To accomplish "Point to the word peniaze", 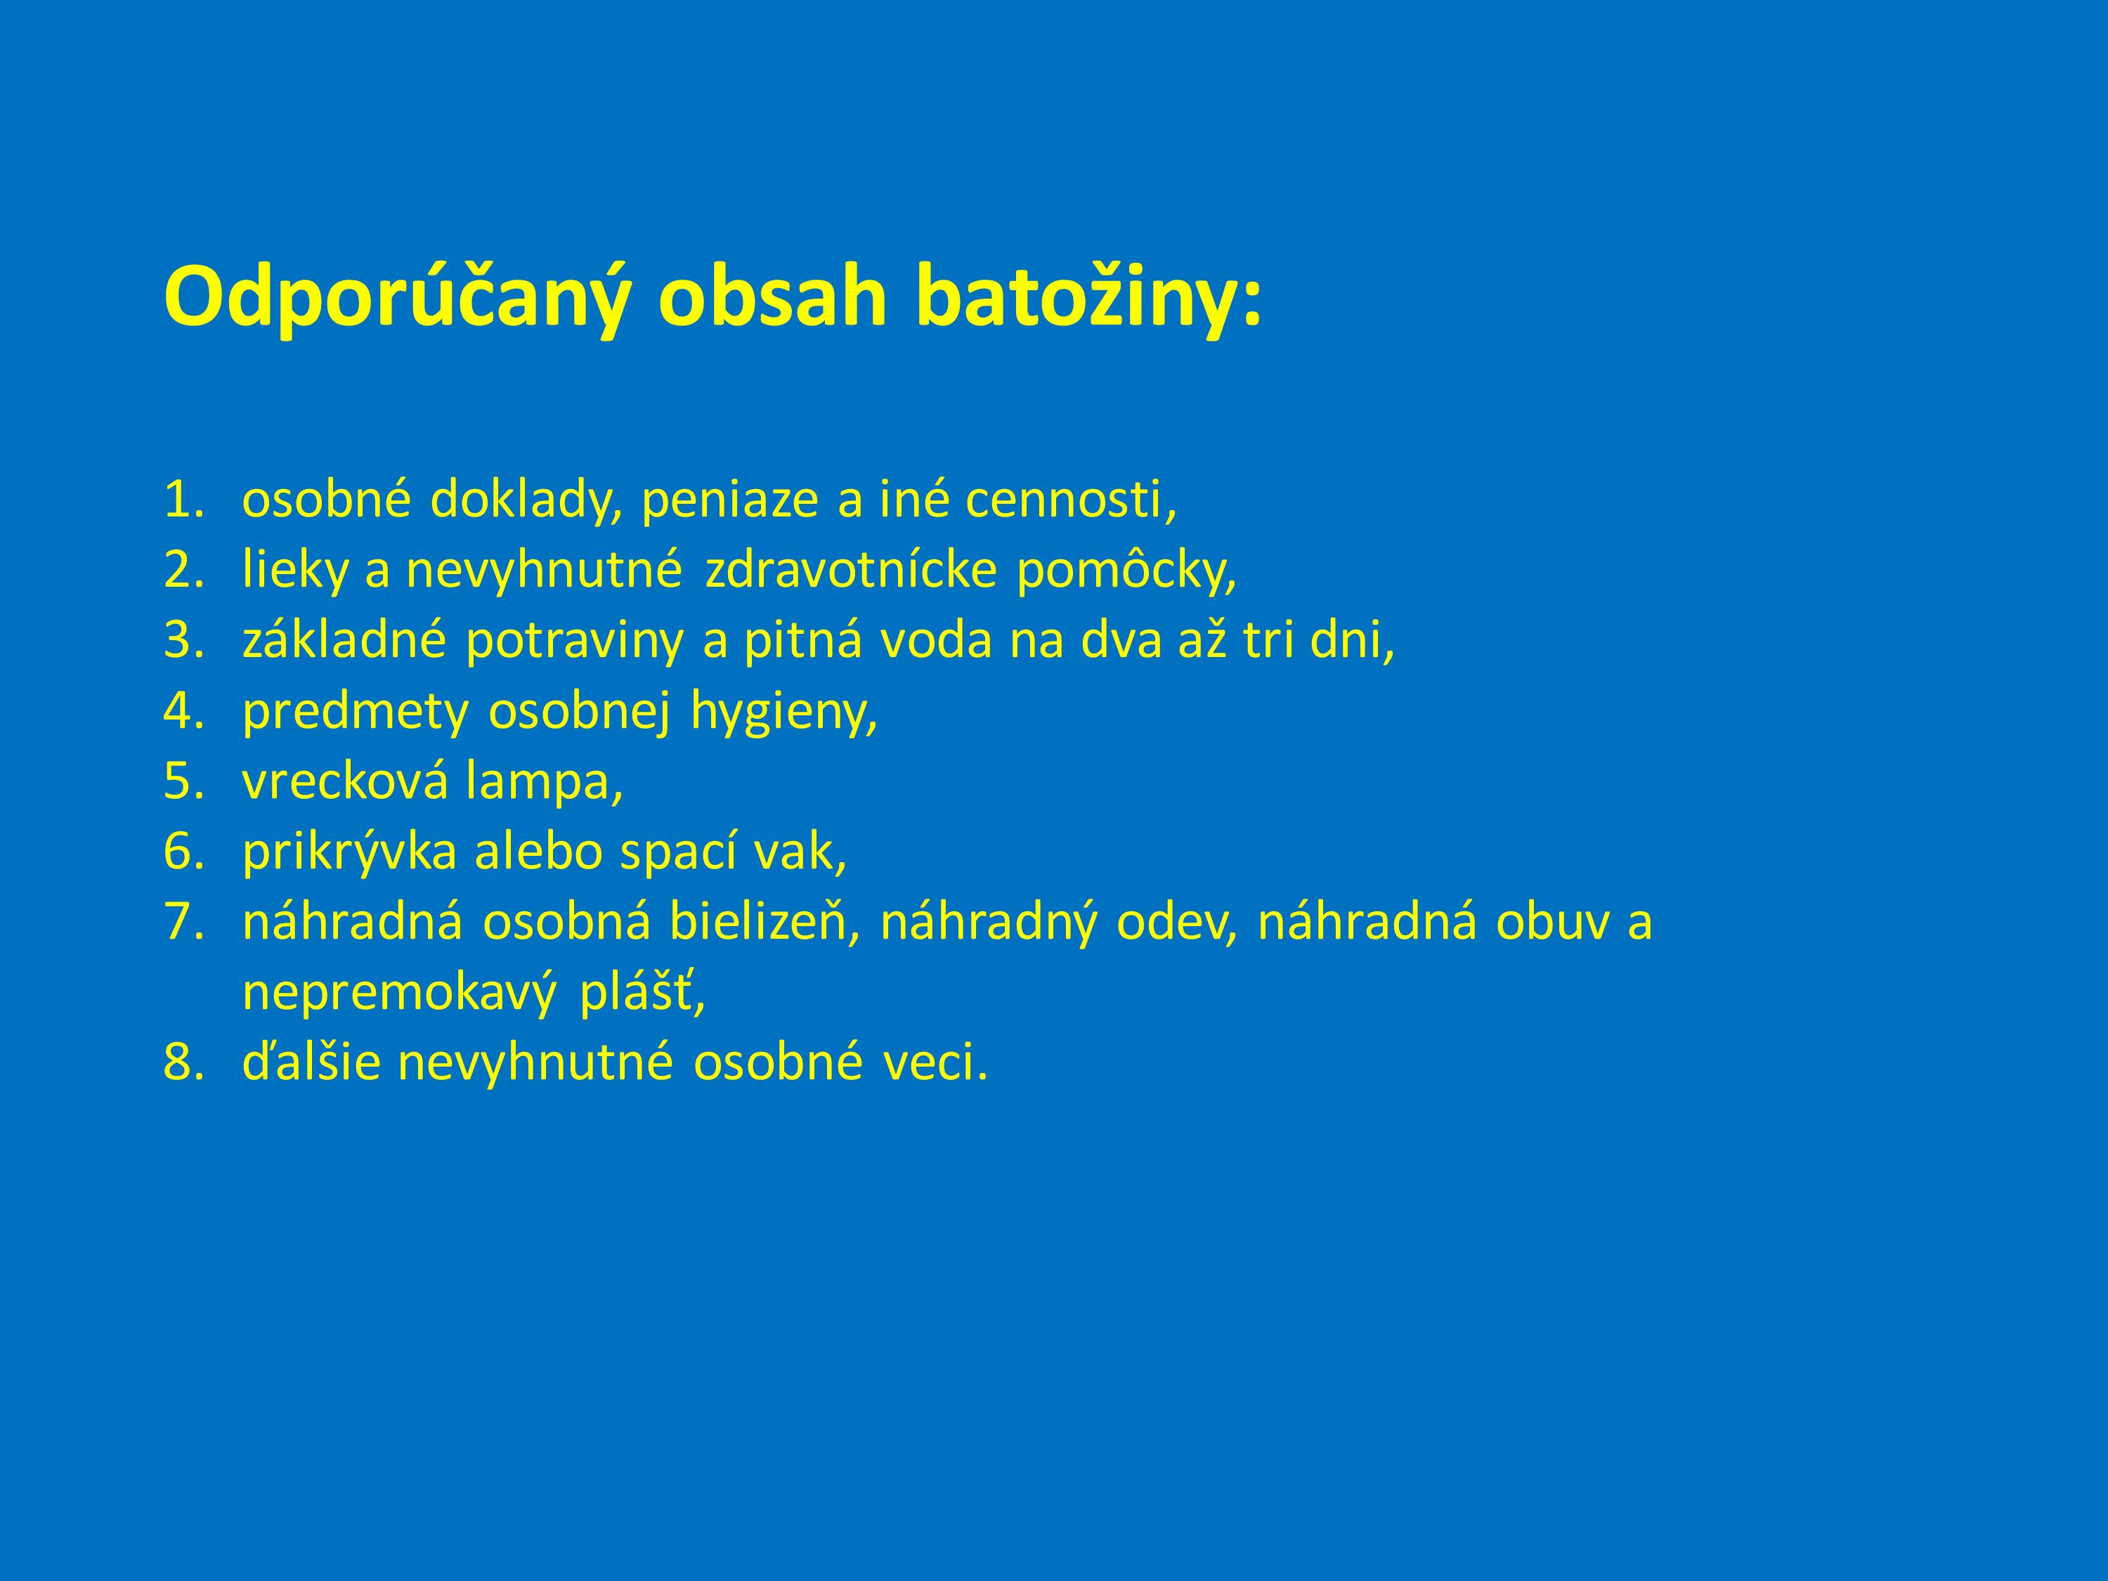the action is click(x=730, y=500).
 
